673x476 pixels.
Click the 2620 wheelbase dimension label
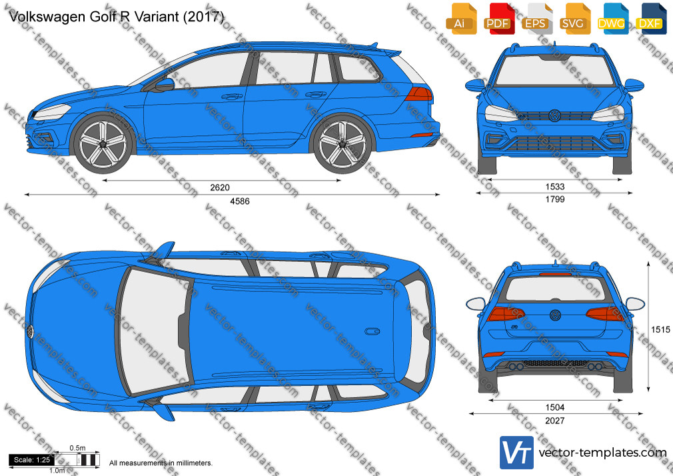(x=220, y=187)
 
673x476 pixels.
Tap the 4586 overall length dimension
(x=239, y=201)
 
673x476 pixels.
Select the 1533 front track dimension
(x=554, y=187)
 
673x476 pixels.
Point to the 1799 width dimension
(x=554, y=199)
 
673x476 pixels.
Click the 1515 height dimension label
(x=660, y=329)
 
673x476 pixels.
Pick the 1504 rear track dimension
(x=554, y=407)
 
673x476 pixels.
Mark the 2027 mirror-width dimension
(x=554, y=421)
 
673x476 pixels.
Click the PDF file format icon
(x=498, y=19)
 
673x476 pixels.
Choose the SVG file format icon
(x=574, y=19)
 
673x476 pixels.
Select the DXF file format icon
(x=650, y=19)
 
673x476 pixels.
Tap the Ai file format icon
(x=460, y=19)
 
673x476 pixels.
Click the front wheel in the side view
(x=103, y=143)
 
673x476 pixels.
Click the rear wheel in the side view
(x=342, y=143)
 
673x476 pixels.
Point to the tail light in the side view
(x=419, y=93)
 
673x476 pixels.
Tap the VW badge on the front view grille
(x=554, y=115)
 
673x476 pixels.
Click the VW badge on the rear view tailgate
(x=555, y=315)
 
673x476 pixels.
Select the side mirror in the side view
(x=165, y=85)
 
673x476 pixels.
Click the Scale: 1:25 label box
(x=32, y=460)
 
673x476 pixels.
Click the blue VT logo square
(x=517, y=453)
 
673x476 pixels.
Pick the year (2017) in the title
(x=203, y=16)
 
